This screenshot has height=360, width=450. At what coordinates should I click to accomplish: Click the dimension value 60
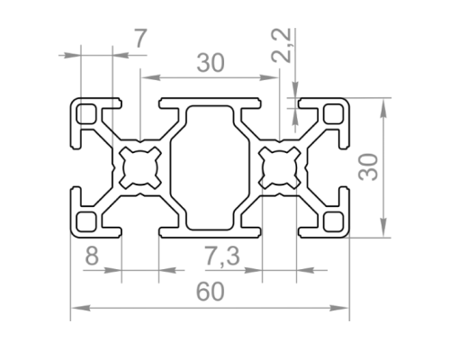pos(210,292)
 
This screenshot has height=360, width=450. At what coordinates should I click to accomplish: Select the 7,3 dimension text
pos(222,256)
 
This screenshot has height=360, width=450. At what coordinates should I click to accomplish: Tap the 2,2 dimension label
pos(282,46)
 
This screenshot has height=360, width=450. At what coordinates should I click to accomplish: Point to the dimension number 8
pos(92,256)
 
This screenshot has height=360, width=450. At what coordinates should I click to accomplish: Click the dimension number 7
pos(140,39)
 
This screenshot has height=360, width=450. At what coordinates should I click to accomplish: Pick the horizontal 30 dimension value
pos(211,63)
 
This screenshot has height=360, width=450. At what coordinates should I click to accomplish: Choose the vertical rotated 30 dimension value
pos(369,167)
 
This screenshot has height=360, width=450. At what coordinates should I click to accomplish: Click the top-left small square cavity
pos(86,113)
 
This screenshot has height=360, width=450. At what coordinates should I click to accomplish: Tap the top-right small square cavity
pos(333,113)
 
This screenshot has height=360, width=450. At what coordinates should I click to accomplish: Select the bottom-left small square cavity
pos(86,221)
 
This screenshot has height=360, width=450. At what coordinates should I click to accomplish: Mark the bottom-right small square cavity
pos(333,221)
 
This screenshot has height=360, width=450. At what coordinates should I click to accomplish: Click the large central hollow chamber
pos(210,167)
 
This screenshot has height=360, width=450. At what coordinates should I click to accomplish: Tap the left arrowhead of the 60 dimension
pos(81,308)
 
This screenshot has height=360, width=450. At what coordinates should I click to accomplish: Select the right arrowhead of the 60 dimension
pos(339,308)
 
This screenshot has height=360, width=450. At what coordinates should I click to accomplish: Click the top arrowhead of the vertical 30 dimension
pos(383,108)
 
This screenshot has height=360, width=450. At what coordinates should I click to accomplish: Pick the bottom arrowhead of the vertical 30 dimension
pos(383,228)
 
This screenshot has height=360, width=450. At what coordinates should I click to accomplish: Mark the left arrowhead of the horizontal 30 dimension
pos(151,77)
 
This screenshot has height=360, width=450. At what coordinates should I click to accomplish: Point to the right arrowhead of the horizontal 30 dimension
pos(269,77)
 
